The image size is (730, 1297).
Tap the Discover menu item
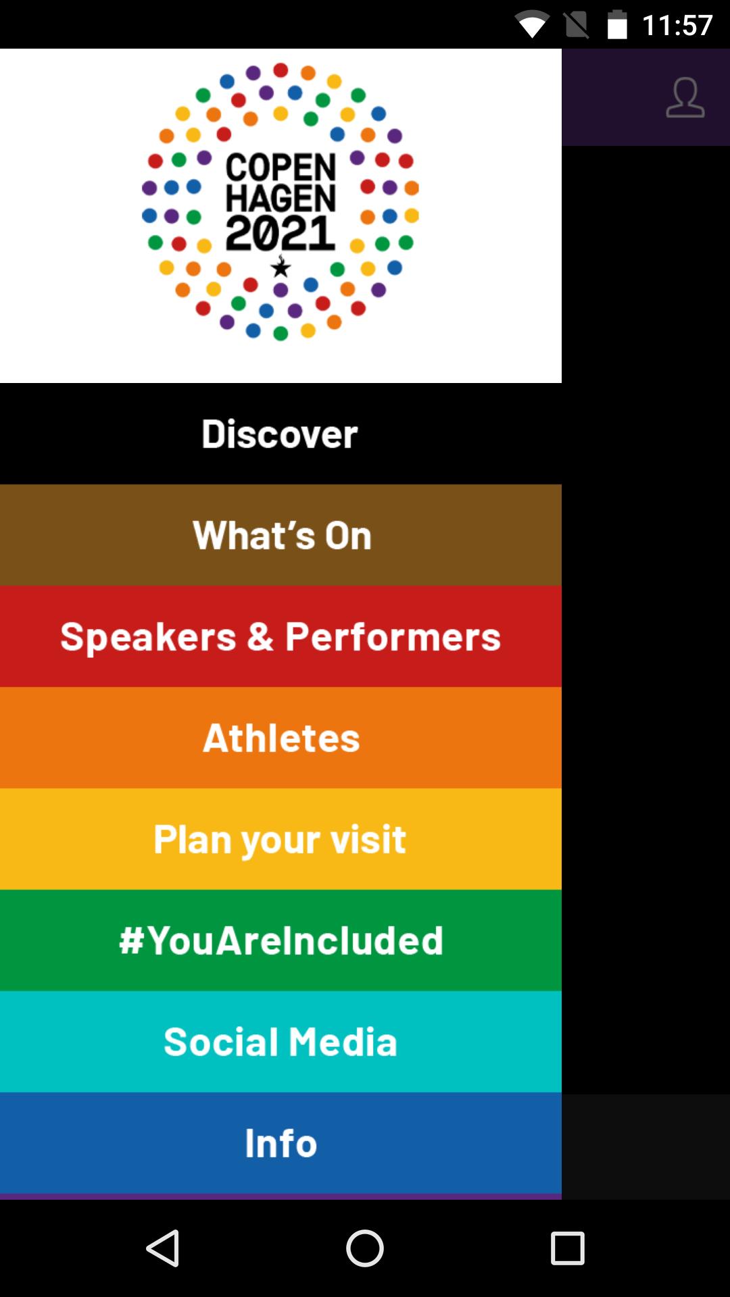pyautogui.click(x=280, y=434)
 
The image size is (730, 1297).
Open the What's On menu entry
pyautogui.click(x=280, y=535)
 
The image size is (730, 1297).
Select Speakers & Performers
pyautogui.click(x=280, y=636)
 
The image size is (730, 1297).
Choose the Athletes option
pyautogui.click(x=280, y=738)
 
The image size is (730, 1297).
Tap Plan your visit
pyautogui.click(x=280, y=839)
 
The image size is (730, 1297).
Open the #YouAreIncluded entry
pyautogui.click(x=280, y=940)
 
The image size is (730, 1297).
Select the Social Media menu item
pyautogui.click(x=280, y=1042)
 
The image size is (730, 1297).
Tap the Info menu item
pyautogui.click(x=280, y=1143)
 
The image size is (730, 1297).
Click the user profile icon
pyautogui.click(x=685, y=98)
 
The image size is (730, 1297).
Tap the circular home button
pyautogui.click(x=365, y=1248)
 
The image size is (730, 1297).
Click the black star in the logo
pyautogui.click(x=281, y=268)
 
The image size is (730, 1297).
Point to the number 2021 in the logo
pyautogui.click(x=281, y=233)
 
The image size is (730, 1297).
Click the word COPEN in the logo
pyautogui.click(x=281, y=168)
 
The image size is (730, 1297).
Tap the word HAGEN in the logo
pyautogui.click(x=281, y=199)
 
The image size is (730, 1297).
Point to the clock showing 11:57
pyautogui.click(x=677, y=26)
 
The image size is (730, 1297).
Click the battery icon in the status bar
pyautogui.click(x=617, y=25)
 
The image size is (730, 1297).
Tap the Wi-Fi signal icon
pyautogui.click(x=532, y=25)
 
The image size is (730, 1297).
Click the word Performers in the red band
pyautogui.click(x=393, y=637)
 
